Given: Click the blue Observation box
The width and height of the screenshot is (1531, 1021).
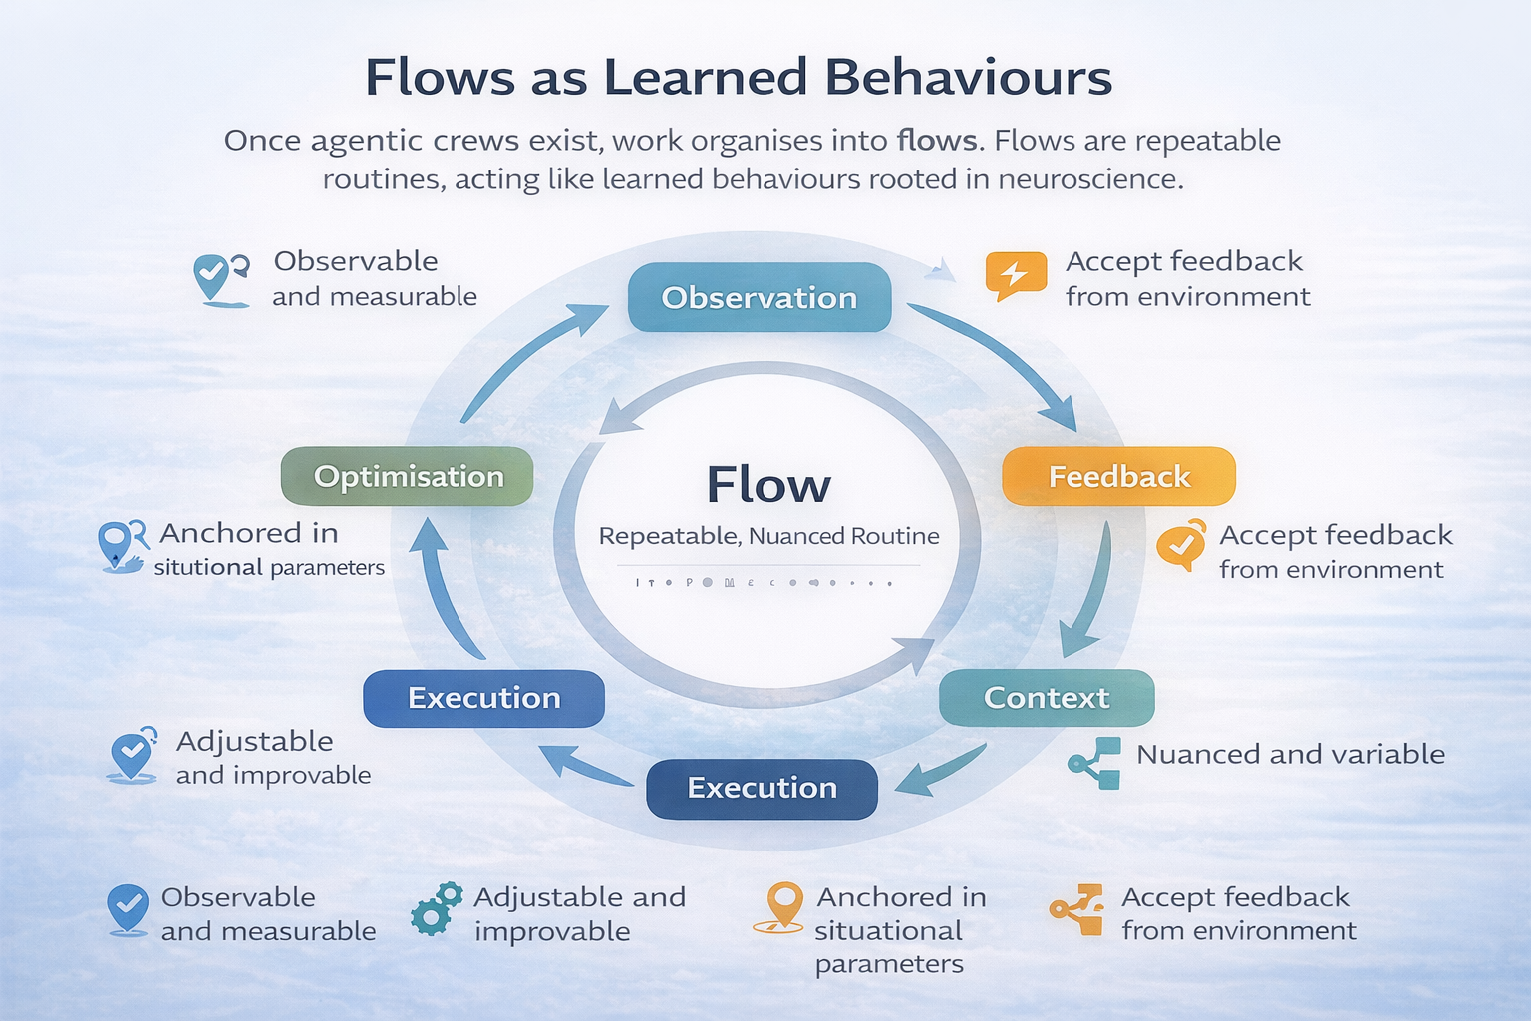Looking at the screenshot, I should click(x=759, y=297).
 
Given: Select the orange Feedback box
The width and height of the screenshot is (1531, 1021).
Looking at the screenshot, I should click(x=1118, y=476).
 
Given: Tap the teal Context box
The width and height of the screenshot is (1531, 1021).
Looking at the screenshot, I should click(x=1046, y=697).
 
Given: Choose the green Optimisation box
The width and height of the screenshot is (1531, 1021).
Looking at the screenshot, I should click(x=408, y=476).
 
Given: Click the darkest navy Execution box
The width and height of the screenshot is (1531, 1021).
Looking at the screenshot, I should click(x=762, y=788).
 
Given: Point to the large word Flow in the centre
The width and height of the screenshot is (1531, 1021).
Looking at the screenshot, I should click(x=767, y=486).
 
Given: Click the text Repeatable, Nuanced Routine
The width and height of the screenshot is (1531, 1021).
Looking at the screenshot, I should click(x=768, y=536).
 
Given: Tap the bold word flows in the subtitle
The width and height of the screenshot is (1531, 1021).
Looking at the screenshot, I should click(x=936, y=140).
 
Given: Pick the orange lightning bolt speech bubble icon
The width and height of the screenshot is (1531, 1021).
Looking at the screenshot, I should click(x=1015, y=274).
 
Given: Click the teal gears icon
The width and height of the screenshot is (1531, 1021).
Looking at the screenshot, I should click(x=437, y=908).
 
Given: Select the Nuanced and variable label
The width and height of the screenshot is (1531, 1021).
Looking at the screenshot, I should click(x=1290, y=754).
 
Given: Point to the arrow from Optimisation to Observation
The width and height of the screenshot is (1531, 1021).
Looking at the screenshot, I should click(x=528, y=359).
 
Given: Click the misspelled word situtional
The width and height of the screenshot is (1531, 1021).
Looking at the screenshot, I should click(x=207, y=568).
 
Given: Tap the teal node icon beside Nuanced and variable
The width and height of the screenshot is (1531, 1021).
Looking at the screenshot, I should click(x=1095, y=763).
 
